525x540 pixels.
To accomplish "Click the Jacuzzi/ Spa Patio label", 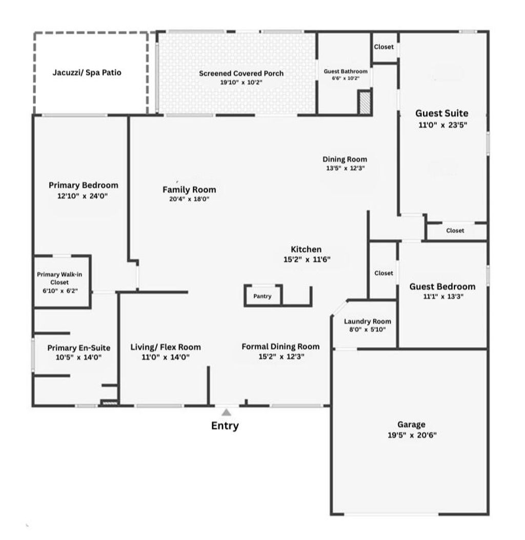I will (x=87, y=72).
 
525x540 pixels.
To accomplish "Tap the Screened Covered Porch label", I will (x=241, y=73).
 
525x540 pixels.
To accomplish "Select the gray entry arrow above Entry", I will (x=226, y=412).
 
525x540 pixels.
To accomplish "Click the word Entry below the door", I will (x=225, y=426).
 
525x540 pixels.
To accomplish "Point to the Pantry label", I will (x=262, y=296).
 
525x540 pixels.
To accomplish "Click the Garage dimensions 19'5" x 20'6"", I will (x=411, y=435).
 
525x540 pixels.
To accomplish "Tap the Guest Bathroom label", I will (x=346, y=71).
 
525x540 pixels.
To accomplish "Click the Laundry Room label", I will (x=367, y=322).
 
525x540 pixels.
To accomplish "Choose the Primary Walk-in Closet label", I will (x=59, y=278).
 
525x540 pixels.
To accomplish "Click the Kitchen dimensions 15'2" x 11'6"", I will (x=307, y=259).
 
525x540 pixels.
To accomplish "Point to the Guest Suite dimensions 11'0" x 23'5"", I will (x=441, y=125).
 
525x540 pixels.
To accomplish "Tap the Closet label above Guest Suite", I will (x=384, y=47).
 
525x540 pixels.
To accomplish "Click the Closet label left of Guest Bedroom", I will (x=383, y=273).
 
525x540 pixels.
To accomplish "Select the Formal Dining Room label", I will (x=280, y=347).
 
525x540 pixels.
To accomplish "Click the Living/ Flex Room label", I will (x=166, y=347).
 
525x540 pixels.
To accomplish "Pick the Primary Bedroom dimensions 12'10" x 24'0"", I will (x=83, y=196).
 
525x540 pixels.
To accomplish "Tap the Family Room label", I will (x=189, y=190).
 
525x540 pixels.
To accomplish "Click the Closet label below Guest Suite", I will (x=455, y=231).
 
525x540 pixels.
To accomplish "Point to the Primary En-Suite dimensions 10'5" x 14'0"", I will (x=78, y=357).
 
